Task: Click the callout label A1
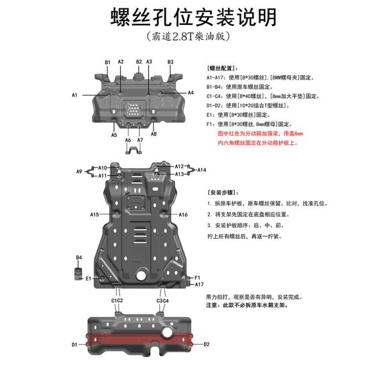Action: (x=74, y=95)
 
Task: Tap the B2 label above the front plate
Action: (x=139, y=62)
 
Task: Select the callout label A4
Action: (x=191, y=92)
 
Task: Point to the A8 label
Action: (x=154, y=134)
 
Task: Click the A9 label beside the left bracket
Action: (x=79, y=171)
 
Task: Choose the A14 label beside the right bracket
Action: (x=201, y=169)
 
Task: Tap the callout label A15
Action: (x=94, y=214)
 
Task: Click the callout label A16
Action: (x=183, y=214)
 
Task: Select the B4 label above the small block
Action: (x=79, y=257)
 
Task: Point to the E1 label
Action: (x=89, y=278)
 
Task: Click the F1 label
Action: (x=198, y=278)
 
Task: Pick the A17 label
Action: (x=199, y=284)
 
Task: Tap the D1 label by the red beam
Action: (x=74, y=345)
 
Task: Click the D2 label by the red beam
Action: (x=207, y=344)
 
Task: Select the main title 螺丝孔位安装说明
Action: (x=194, y=17)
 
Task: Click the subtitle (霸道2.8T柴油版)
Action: (x=188, y=37)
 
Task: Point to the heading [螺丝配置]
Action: (x=223, y=68)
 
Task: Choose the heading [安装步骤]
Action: (x=223, y=193)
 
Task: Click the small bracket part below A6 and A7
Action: (x=134, y=150)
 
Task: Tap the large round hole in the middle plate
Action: (x=141, y=275)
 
